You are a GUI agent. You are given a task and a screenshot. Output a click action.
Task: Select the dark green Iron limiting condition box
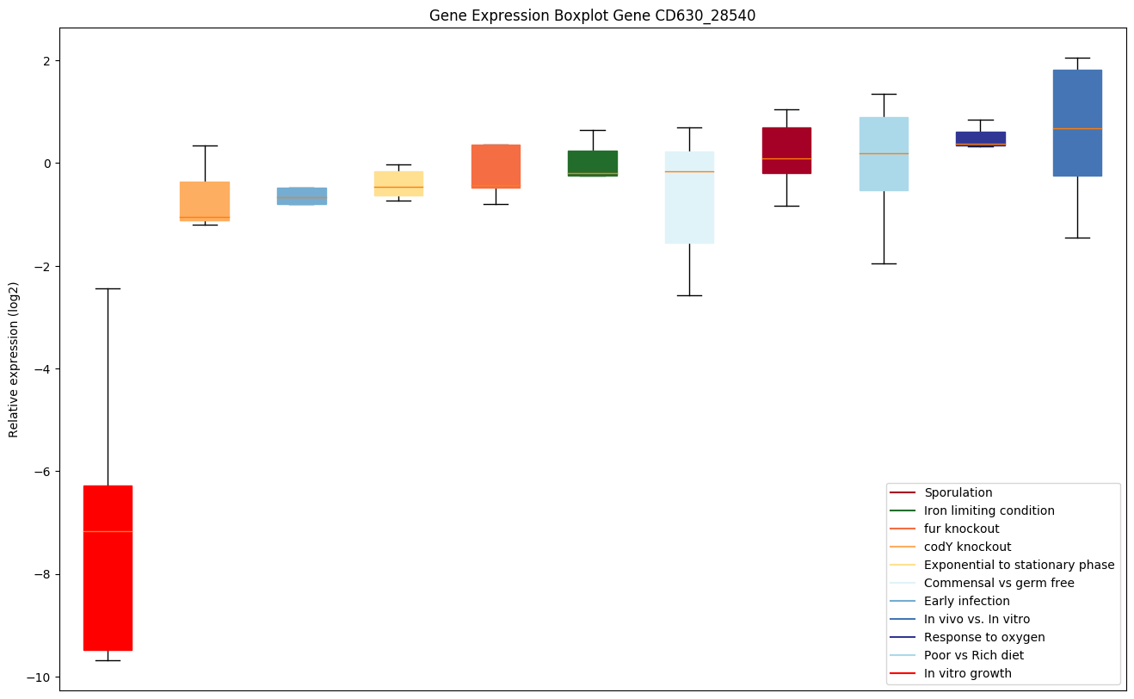tap(593, 163)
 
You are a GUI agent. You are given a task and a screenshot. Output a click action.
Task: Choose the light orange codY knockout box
tap(205, 200)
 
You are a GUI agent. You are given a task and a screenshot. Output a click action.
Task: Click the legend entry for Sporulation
tap(958, 493)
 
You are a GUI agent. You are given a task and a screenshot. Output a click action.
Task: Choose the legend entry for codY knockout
tap(967, 547)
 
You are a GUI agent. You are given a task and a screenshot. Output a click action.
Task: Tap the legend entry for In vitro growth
tap(967, 674)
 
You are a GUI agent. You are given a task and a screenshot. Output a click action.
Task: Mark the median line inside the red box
tap(108, 532)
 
